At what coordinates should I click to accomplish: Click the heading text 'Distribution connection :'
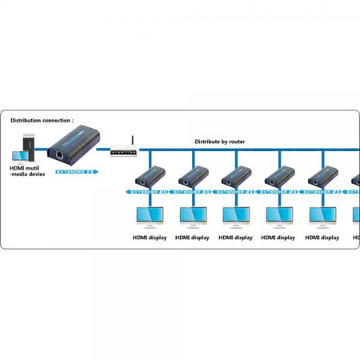(x=46, y=121)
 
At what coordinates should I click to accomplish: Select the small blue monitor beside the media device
(x=18, y=156)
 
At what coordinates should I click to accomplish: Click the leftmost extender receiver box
(x=149, y=177)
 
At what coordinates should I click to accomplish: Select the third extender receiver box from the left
(x=236, y=177)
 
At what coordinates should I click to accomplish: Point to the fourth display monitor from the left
(x=280, y=215)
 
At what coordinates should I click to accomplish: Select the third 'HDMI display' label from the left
(x=236, y=237)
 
